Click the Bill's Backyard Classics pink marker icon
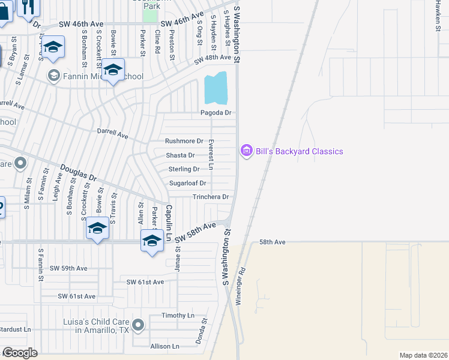tap(246, 151)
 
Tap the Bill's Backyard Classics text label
tap(300, 151)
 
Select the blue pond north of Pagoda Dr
tap(216, 88)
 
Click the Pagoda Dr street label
tap(215, 113)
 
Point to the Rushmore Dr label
tap(184, 141)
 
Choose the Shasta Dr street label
tap(180, 155)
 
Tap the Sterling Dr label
tap(184, 169)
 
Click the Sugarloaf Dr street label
tap(188, 183)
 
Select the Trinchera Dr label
tap(211, 197)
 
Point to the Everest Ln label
tap(211, 152)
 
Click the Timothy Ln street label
tap(178, 315)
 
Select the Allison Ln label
tap(165, 346)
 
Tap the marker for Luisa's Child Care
tap(139, 326)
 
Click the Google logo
tap(20, 353)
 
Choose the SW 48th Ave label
tap(212, 58)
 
